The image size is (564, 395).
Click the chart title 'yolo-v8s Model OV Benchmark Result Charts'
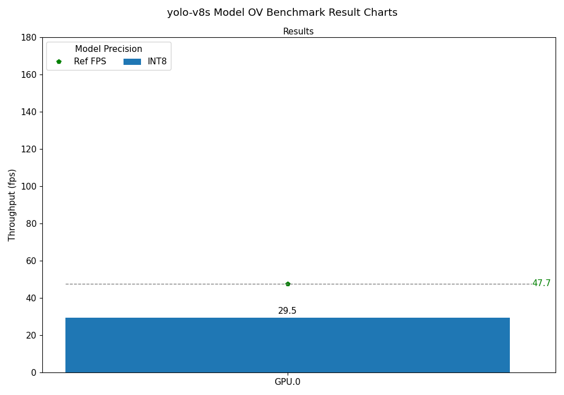[x=282, y=12]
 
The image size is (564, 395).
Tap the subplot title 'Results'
[x=298, y=32]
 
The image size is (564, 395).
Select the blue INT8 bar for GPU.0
[x=287, y=345]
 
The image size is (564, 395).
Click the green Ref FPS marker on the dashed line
[x=288, y=284]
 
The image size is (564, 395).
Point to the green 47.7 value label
[x=541, y=283]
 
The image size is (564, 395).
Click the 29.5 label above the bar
[x=287, y=311]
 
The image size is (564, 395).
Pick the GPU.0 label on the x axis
[x=287, y=382]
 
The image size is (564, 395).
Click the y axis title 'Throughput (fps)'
[x=12, y=205]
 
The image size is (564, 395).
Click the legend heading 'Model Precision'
[x=108, y=49]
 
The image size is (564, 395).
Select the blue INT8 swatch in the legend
[x=132, y=62]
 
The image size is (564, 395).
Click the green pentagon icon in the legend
[x=59, y=62]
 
